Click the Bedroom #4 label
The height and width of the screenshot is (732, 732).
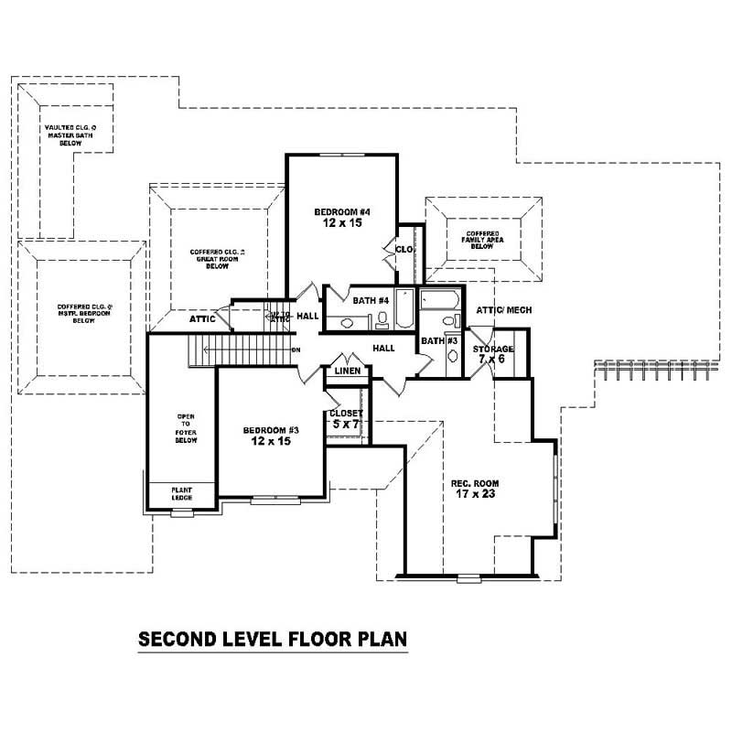coord(340,217)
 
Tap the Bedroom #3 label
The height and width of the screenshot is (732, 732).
coord(271,436)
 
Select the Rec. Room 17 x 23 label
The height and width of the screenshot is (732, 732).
coord(474,489)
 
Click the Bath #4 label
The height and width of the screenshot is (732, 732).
coord(371,299)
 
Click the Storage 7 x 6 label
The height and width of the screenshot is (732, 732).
coord(493,355)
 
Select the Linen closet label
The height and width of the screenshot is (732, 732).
coord(347,371)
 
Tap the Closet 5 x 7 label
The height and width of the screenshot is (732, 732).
coord(346,419)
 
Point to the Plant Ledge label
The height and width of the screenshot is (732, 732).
coord(181,494)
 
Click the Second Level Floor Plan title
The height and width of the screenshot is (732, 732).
coord(272,638)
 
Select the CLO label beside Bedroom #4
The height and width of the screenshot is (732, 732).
coord(404,249)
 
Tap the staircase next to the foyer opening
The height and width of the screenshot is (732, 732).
coord(242,350)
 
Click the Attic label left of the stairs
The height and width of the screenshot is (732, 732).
coord(202,319)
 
